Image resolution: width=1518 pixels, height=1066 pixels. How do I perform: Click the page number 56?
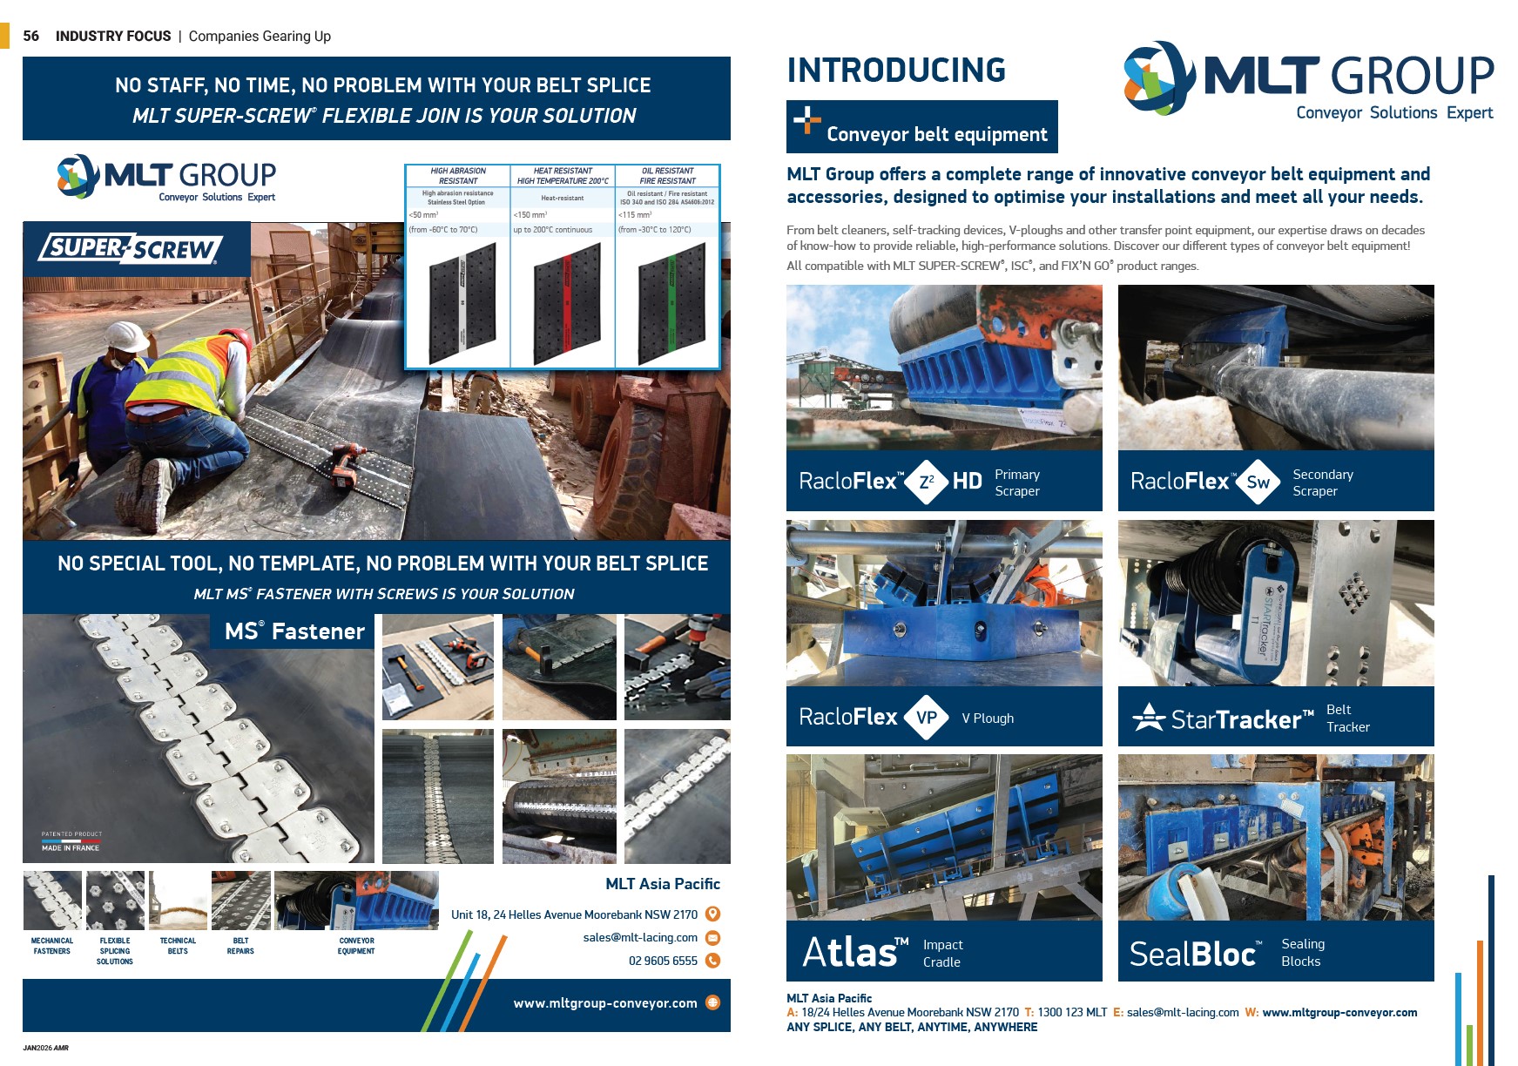30,36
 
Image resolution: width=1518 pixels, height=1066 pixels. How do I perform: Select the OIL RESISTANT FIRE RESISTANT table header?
667,176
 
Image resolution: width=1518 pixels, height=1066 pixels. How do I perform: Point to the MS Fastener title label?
294,631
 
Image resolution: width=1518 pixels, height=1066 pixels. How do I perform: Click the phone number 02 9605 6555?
663,961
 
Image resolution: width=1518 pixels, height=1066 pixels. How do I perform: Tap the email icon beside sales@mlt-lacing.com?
712,938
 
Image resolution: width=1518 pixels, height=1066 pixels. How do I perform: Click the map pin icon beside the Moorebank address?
712,914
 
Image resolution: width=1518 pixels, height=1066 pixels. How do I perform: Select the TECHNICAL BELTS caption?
178,946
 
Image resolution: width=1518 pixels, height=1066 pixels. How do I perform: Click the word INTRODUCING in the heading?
896,71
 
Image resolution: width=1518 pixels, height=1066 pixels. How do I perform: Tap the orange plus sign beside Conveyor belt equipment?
806,119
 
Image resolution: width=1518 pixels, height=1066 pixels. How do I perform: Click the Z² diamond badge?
927,482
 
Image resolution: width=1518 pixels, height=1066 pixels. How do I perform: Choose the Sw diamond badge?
1258,482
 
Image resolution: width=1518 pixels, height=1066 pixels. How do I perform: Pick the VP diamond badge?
927,718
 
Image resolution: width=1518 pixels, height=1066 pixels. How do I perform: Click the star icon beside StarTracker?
1148,718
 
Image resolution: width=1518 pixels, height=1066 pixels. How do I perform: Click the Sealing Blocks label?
1302,953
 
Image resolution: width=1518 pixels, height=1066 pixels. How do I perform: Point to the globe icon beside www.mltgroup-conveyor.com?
712,1002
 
